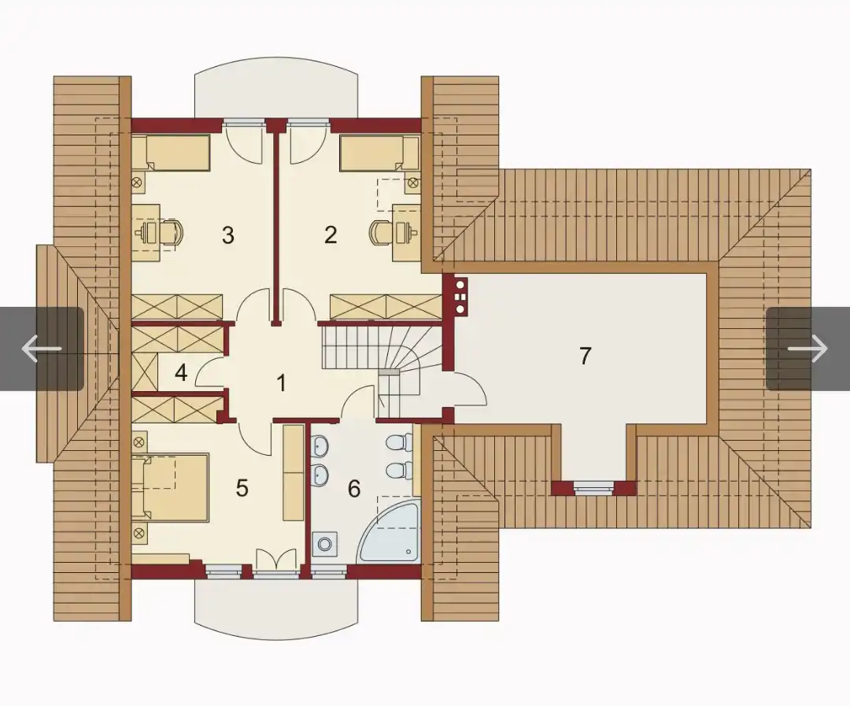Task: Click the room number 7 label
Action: [x=585, y=357]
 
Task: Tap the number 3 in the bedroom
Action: [x=228, y=235]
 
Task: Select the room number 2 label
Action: [x=330, y=235]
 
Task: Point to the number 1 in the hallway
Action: [x=281, y=383]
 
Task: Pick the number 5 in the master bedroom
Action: [x=242, y=488]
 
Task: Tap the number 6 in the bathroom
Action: [x=353, y=489]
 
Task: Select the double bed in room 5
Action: [x=170, y=487]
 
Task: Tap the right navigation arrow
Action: [x=807, y=348]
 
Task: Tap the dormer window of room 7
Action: [x=593, y=488]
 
